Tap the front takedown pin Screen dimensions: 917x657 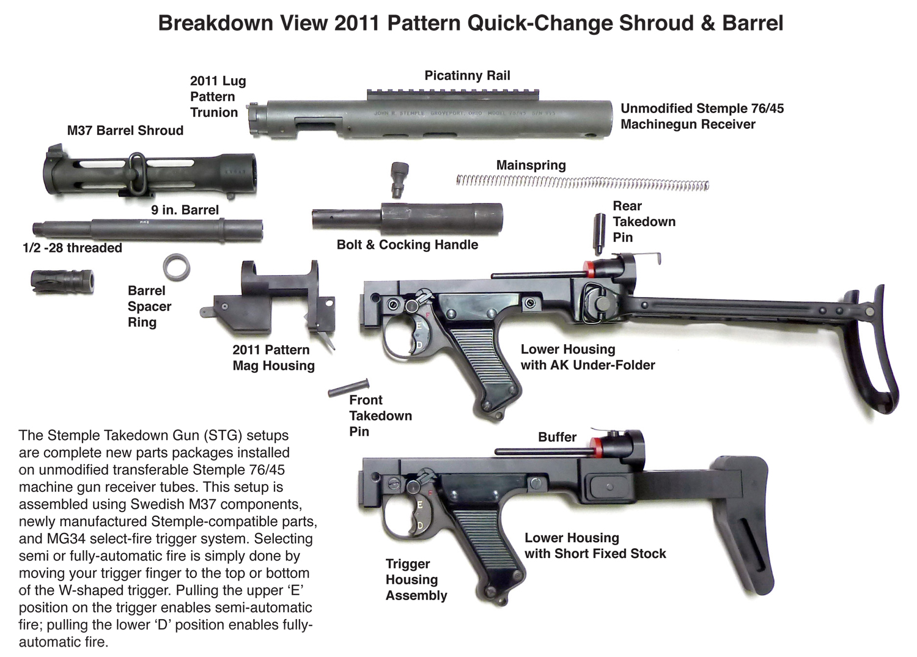(x=349, y=387)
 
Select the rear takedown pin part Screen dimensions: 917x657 (x=600, y=233)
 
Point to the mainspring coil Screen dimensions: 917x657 (x=583, y=183)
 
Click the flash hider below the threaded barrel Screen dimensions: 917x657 (x=62, y=282)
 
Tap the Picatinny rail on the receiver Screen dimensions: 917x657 (x=453, y=95)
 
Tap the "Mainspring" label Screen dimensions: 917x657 (x=531, y=166)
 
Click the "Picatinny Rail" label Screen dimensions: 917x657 (x=467, y=76)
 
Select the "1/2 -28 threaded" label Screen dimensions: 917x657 (x=73, y=248)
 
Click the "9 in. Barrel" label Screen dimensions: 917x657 (x=185, y=210)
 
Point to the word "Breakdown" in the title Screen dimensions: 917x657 (x=215, y=23)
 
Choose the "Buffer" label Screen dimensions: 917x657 (x=557, y=437)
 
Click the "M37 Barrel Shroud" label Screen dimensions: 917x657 (x=125, y=131)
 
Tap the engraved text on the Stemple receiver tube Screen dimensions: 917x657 (x=464, y=113)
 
